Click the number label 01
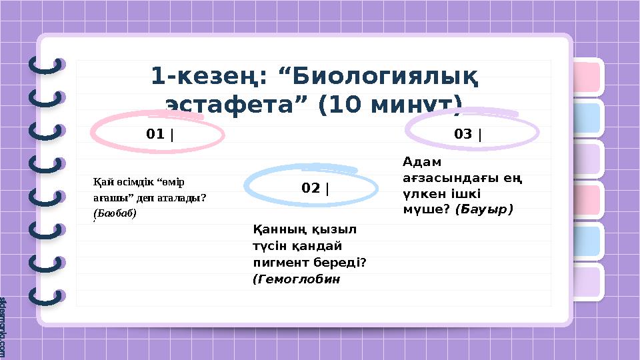(x=155, y=135)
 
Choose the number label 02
(x=311, y=189)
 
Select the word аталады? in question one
(x=183, y=197)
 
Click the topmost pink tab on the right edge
(x=587, y=77)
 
